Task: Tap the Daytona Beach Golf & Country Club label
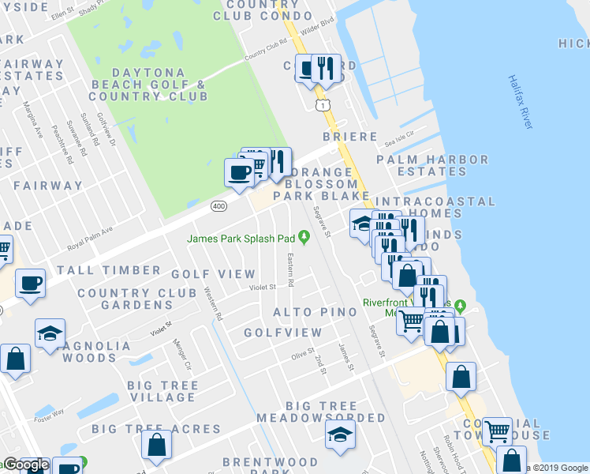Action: (148, 84)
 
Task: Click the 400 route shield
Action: (218, 206)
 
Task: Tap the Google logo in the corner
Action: (24, 465)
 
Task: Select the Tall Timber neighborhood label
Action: (109, 270)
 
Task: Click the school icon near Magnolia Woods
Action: (50, 333)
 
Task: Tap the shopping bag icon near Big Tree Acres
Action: (157, 445)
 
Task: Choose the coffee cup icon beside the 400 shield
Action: (238, 171)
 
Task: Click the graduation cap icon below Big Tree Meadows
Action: (340, 434)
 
